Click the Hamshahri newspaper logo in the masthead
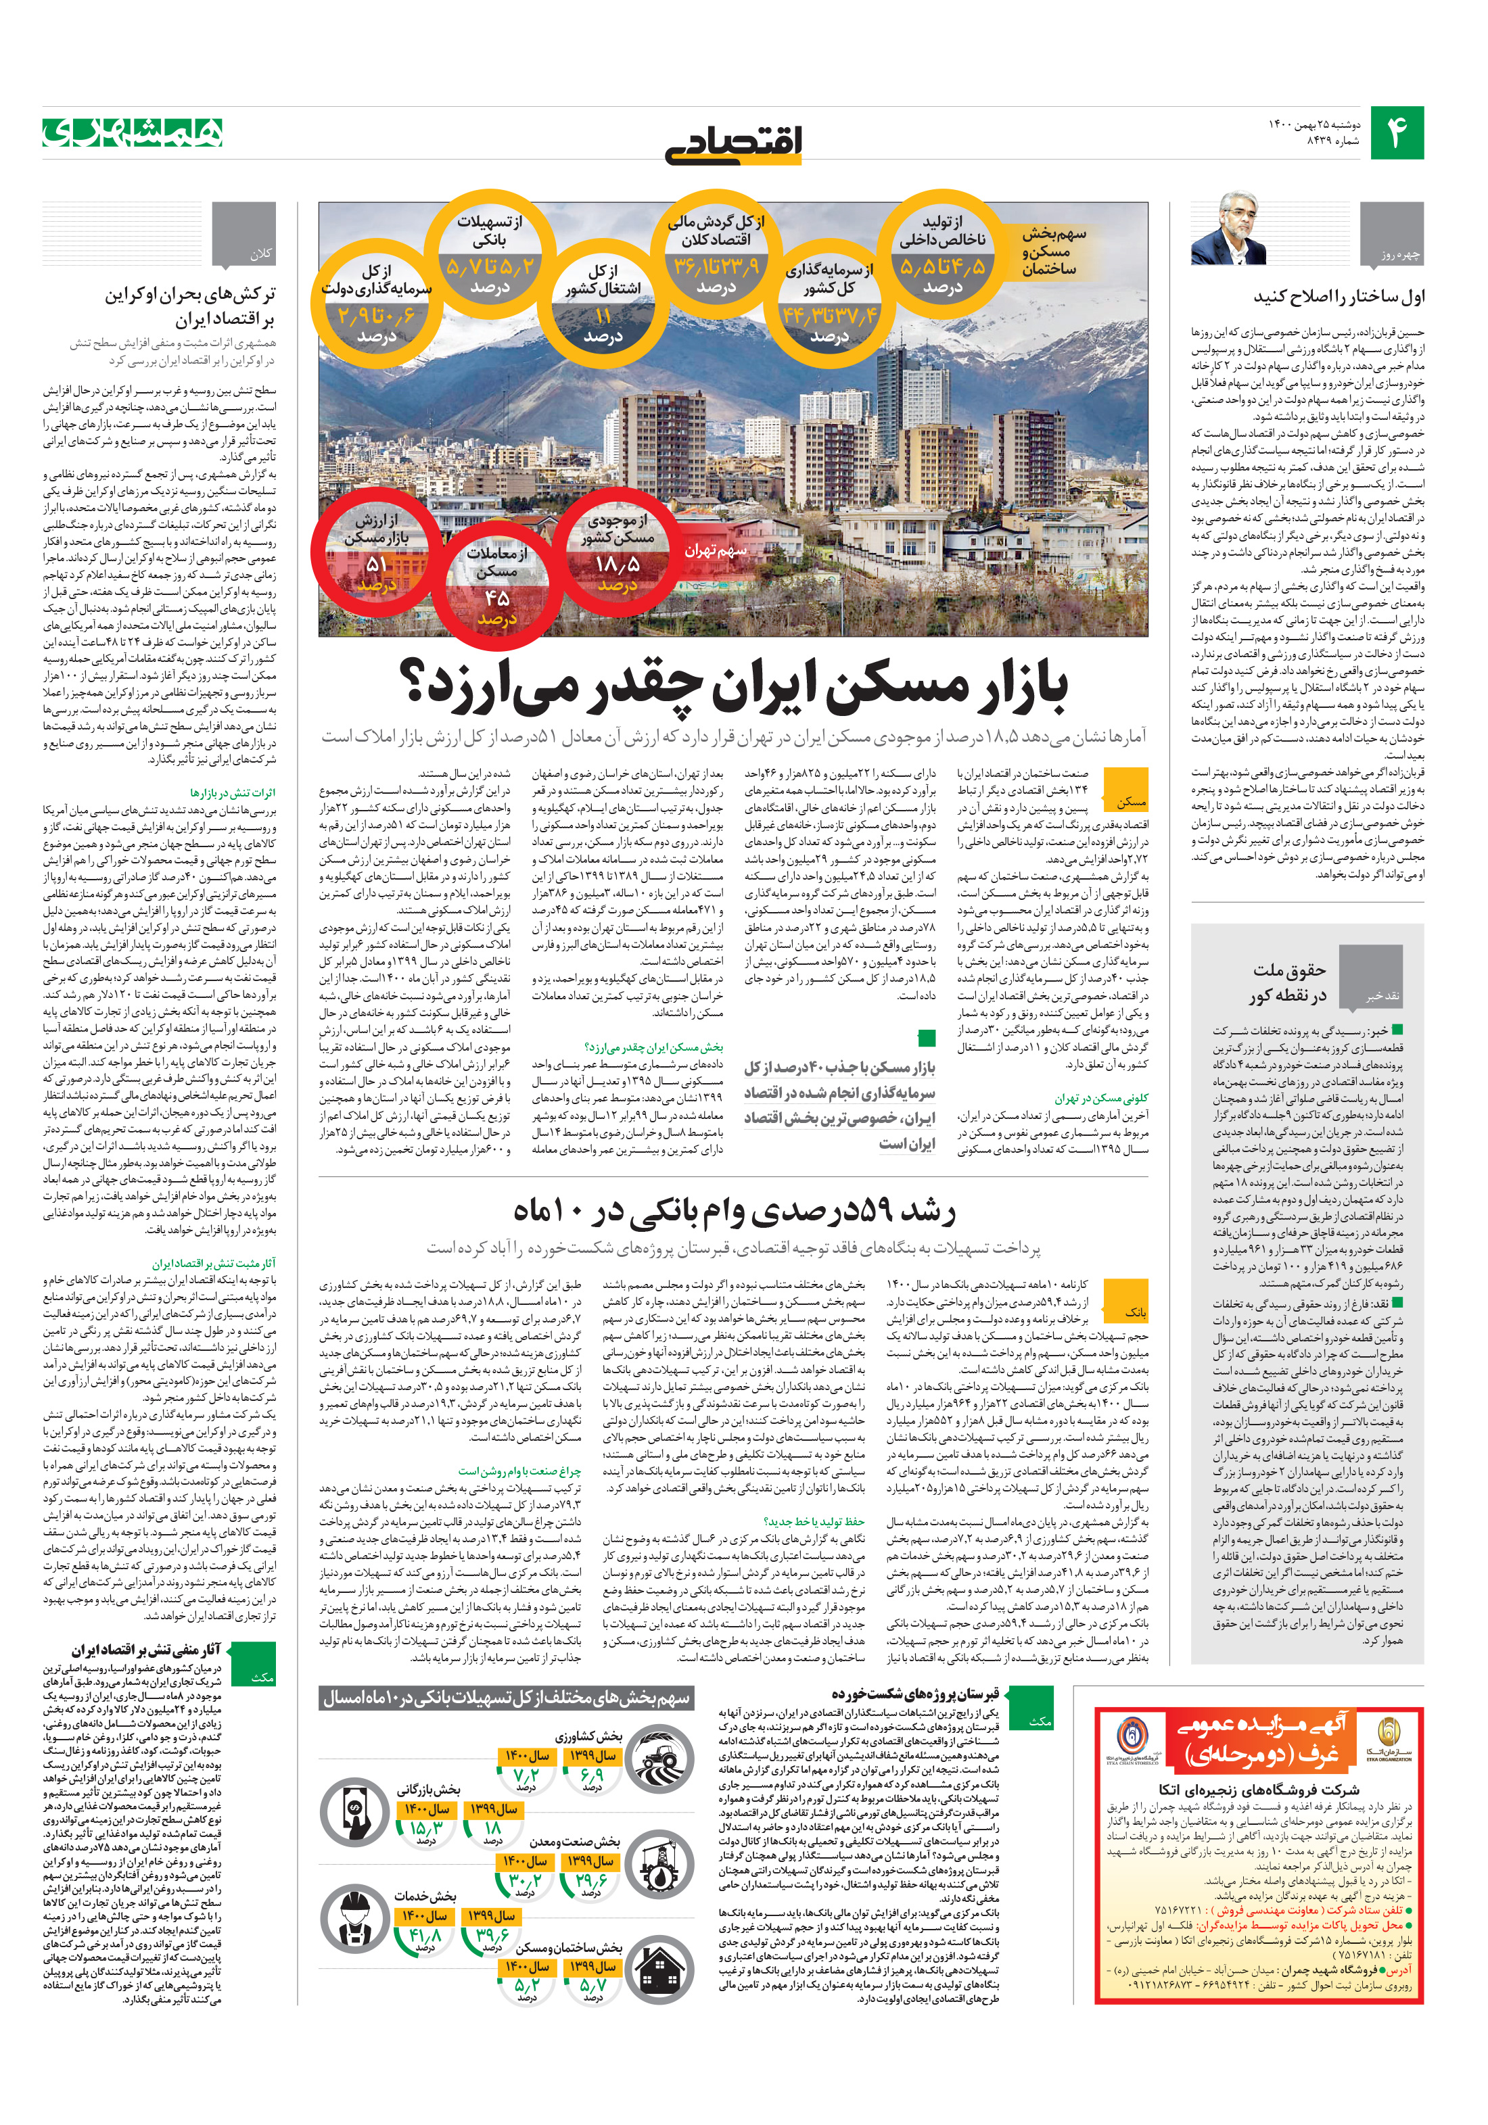point(133,133)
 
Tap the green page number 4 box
point(1396,133)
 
